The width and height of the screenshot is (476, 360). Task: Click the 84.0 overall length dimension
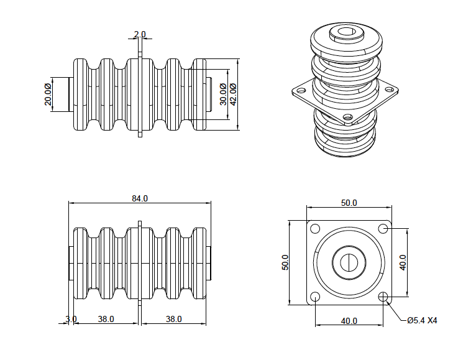click(x=139, y=199)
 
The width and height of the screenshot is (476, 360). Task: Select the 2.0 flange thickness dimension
click(x=140, y=34)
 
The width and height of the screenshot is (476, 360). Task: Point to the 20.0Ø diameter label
click(x=48, y=95)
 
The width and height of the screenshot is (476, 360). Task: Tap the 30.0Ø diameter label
click(x=223, y=95)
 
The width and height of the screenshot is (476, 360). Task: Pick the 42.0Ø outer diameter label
click(x=233, y=95)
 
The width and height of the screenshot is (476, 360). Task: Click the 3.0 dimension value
click(x=71, y=319)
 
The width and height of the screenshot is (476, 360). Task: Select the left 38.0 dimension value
click(x=106, y=319)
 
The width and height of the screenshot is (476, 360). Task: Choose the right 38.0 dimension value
click(x=173, y=319)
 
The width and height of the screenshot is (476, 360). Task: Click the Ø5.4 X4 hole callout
click(x=422, y=321)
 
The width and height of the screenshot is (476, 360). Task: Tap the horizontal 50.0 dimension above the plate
click(x=349, y=203)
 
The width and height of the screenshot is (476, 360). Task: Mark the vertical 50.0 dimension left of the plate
click(x=285, y=263)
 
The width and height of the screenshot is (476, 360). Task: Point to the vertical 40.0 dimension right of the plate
click(x=403, y=263)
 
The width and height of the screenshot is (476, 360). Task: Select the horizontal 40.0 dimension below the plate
click(x=349, y=321)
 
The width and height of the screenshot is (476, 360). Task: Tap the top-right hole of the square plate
click(x=383, y=229)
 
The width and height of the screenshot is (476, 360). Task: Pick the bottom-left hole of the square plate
click(x=315, y=297)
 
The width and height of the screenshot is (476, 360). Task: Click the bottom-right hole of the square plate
click(x=383, y=297)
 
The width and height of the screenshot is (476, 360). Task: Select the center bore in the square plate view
click(x=349, y=262)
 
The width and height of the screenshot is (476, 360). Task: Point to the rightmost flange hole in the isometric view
click(x=390, y=90)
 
